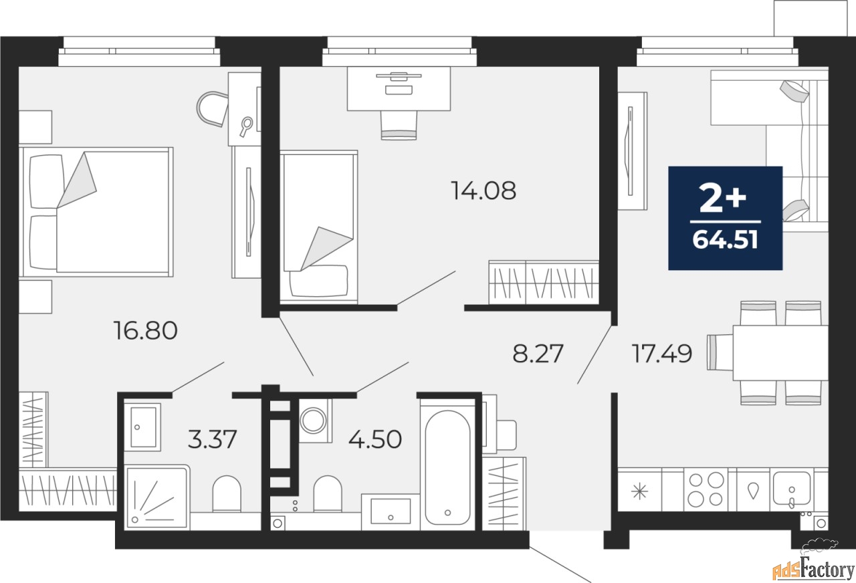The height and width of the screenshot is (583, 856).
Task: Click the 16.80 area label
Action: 146,331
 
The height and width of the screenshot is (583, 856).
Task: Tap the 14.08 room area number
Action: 484,191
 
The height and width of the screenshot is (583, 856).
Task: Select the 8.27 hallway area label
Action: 538,354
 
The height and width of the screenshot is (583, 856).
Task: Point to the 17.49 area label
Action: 662,354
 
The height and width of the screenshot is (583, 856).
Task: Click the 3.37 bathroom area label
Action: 213,439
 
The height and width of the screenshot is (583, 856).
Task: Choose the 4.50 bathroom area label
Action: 375,439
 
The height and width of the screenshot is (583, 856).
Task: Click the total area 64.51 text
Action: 726,240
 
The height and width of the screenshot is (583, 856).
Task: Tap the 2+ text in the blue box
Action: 723,199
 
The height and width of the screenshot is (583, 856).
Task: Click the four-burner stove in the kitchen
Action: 706,489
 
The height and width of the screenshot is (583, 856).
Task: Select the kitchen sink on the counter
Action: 792,488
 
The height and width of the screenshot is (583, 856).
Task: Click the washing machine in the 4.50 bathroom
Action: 315,421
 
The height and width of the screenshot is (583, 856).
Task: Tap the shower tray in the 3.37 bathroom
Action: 156,497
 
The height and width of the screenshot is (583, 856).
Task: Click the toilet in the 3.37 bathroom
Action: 227,493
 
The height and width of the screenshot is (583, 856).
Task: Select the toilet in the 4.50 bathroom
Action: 327,493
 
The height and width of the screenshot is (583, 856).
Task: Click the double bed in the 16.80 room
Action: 96,212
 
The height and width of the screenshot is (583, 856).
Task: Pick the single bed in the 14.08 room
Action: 319,227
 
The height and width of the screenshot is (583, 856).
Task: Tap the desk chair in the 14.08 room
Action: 399,125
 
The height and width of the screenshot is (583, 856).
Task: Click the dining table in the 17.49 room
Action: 780,353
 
